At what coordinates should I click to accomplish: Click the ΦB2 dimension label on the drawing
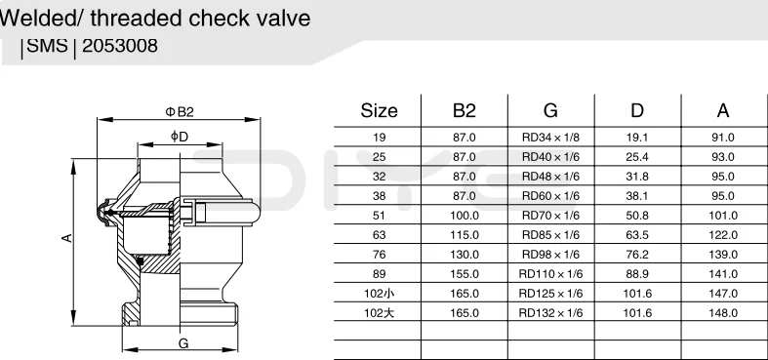[x=180, y=112]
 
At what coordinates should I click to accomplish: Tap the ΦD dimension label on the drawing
[x=180, y=137]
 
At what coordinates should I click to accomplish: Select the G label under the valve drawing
[x=182, y=344]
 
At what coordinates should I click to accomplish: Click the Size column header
[x=379, y=110]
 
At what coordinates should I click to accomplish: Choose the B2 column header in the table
[x=465, y=110]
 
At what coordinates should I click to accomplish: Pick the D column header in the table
[x=636, y=110]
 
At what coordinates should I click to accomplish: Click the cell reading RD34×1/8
[x=550, y=138]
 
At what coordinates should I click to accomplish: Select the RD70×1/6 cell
[x=550, y=216]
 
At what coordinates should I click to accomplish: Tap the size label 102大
[x=379, y=313]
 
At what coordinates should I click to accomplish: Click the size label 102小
[x=379, y=294]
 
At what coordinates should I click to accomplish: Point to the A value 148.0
[x=723, y=313]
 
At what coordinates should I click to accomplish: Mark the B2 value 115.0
[x=465, y=235]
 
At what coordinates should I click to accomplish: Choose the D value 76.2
[x=636, y=255]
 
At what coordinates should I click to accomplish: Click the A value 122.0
[x=723, y=235]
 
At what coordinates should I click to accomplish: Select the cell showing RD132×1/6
[x=550, y=313]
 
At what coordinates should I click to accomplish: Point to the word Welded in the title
[x=34, y=18]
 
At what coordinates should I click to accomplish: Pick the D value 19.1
[x=636, y=138]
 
